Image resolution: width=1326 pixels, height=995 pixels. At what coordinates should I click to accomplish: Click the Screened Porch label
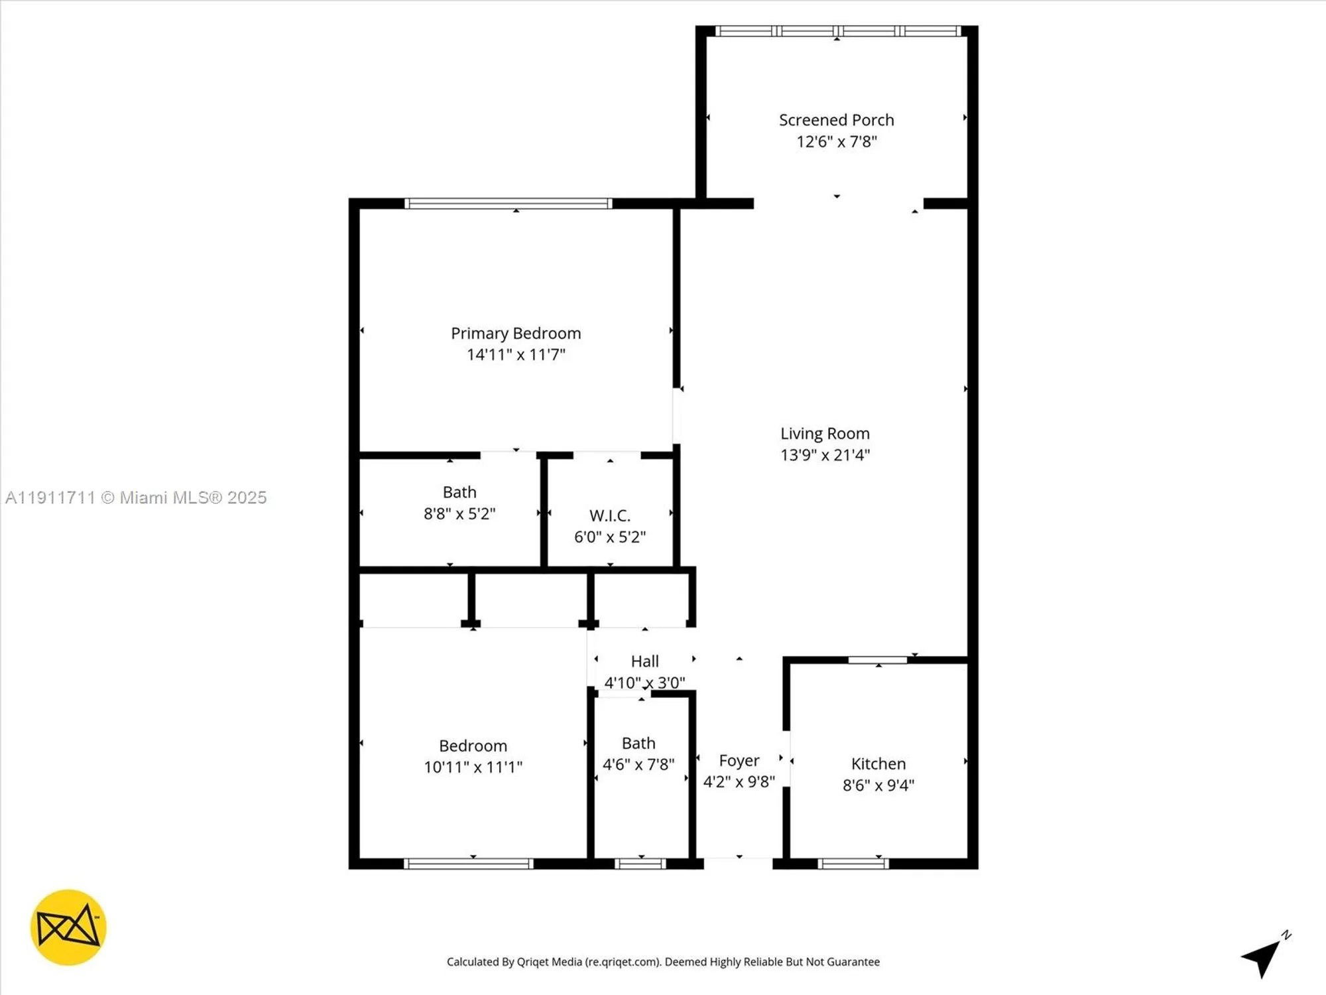836,120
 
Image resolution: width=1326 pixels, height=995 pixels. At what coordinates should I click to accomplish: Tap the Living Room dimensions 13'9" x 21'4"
825,455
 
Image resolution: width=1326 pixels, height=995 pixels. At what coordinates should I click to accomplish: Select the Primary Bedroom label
516,333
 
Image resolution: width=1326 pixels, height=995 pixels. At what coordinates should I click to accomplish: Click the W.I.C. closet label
609,515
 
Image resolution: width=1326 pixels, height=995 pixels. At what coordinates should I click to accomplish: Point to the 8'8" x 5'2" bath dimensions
459,513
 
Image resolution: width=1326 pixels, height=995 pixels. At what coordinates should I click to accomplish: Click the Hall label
644,661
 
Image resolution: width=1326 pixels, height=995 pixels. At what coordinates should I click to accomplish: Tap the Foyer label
739,760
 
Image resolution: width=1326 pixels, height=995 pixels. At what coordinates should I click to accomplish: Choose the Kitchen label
878,763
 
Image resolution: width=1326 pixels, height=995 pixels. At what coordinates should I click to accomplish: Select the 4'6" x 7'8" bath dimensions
638,764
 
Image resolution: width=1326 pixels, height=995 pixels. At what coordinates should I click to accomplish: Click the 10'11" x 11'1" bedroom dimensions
473,767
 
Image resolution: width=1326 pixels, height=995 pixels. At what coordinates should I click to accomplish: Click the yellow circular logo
68,927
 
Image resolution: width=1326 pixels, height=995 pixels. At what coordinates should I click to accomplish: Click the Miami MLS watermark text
136,497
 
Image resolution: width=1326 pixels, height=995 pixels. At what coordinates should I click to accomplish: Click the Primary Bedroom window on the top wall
508,204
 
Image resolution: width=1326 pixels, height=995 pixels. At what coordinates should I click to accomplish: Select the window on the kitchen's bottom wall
853,864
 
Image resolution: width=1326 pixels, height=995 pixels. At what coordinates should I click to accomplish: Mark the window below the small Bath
640,864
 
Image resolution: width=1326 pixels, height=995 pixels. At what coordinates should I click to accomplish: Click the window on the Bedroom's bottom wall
468,864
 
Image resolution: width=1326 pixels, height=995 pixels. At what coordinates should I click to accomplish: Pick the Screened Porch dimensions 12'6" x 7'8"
836,141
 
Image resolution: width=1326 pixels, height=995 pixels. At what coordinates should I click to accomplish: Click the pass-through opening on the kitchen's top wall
877,660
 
